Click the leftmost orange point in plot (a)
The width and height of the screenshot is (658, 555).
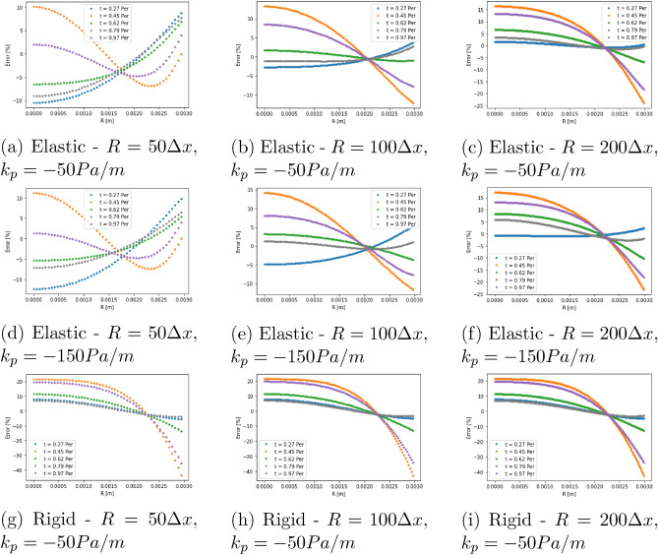pyautogui.click(x=34, y=7)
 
